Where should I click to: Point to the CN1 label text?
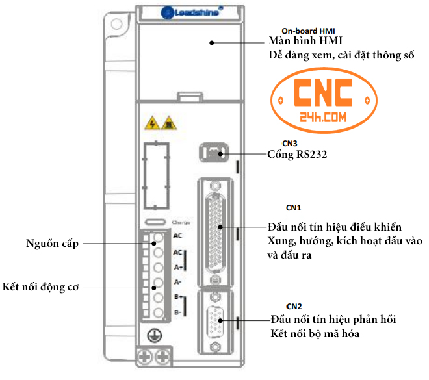(x=294, y=208)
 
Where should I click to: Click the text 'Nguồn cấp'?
(x=52, y=244)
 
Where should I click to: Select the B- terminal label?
(x=177, y=314)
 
